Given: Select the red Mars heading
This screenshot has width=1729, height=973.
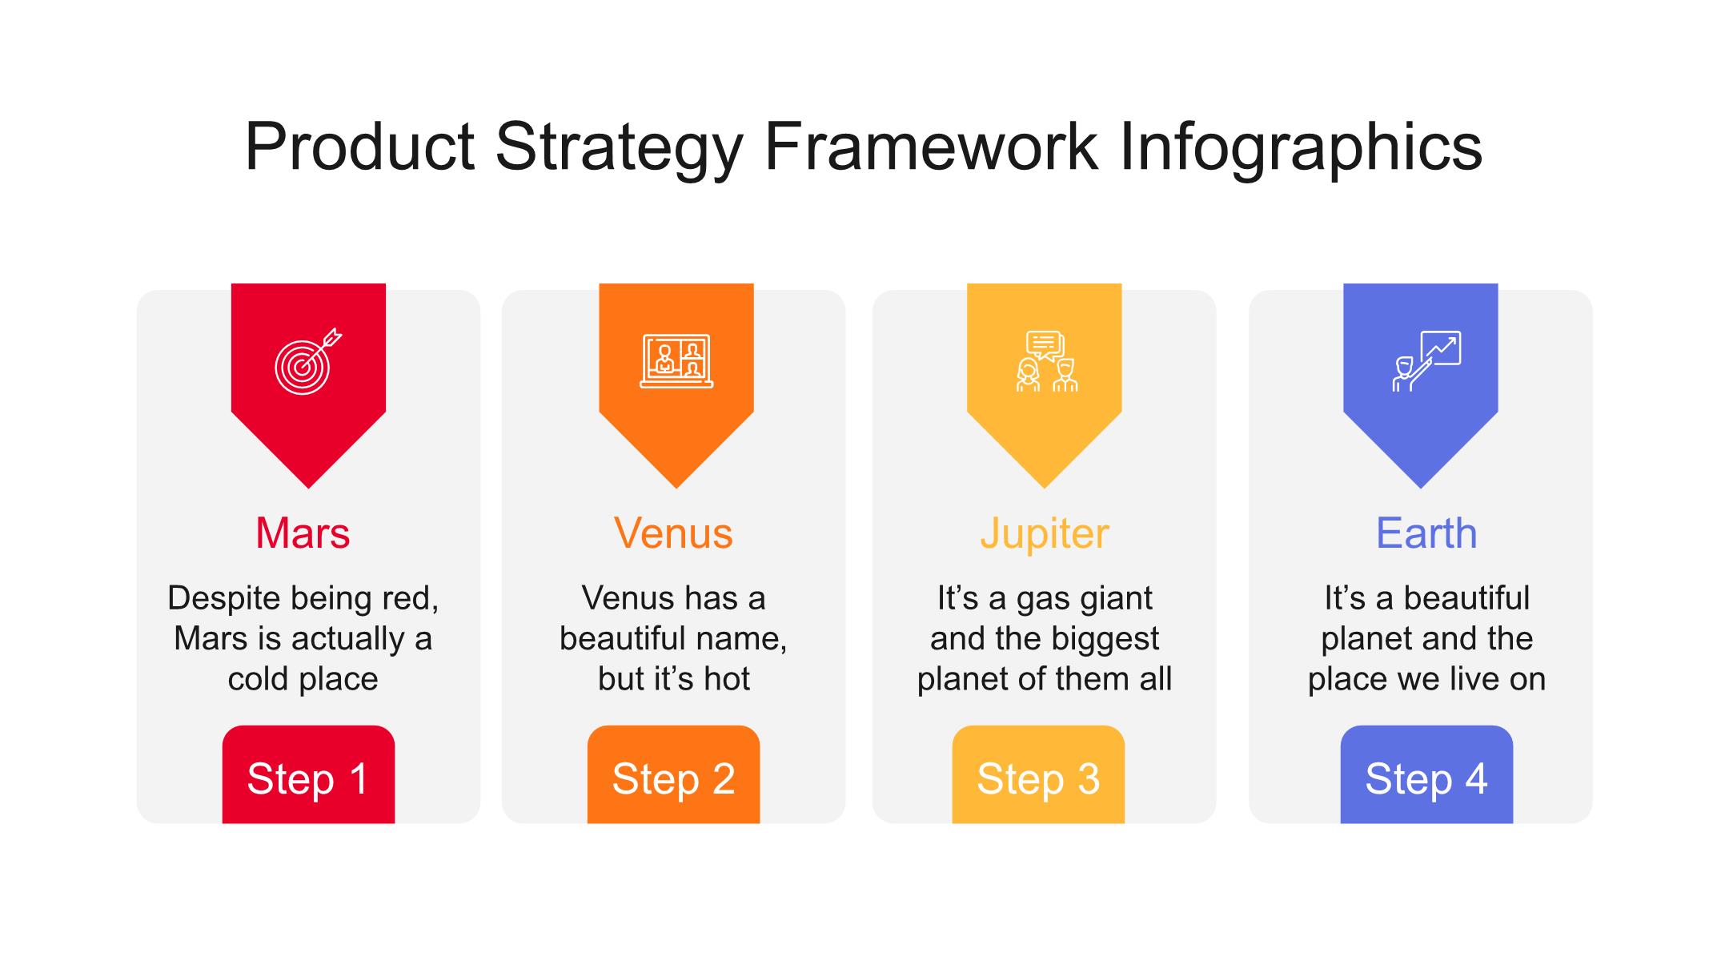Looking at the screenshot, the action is [x=303, y=533].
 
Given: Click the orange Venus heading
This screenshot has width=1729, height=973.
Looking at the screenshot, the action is [x=673, y=533].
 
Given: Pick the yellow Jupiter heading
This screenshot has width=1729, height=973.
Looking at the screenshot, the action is [x=1045, y=535].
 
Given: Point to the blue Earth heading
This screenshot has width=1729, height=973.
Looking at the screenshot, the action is [x=1426, y=533].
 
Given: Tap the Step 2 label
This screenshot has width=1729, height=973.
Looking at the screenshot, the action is [x=673, y=779].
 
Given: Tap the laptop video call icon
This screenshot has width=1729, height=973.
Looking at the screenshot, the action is [x=676, y=361].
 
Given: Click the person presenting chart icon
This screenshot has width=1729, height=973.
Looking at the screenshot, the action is [x=1426, y=361].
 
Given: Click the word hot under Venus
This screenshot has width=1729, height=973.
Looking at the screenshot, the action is [x=726, y=679].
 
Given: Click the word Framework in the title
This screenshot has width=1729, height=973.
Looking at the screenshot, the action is [x=931, y=147].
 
